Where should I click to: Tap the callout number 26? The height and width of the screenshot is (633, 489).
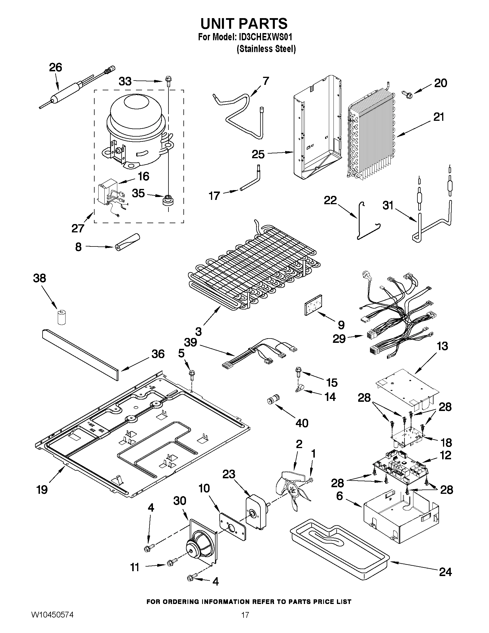(x=55, y=67)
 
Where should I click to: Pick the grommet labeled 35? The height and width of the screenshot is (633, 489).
(x=167, y=200)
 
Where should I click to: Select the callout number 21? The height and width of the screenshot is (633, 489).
(x=439, y=117)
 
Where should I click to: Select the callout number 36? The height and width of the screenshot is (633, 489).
(x=158, y=354)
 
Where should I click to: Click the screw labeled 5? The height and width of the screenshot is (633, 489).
(x=191, y=375)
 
